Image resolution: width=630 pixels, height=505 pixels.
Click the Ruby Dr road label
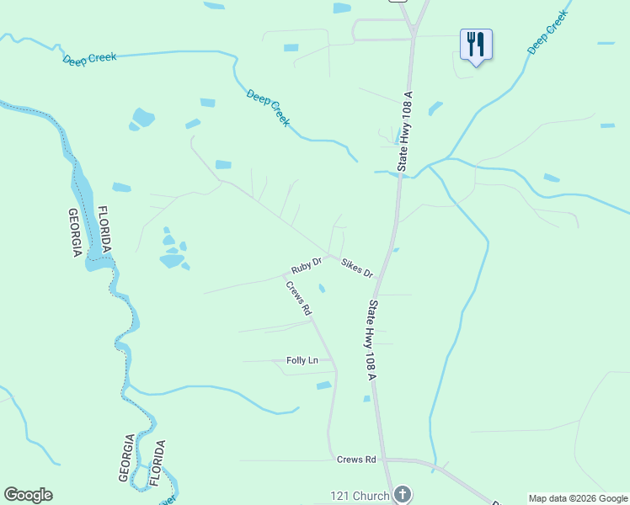coord(307,266)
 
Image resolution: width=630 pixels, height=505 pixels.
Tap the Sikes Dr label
coord(357,268)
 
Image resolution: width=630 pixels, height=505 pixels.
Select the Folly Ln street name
coord(302,360)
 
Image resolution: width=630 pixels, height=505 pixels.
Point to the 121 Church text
coord(358,494)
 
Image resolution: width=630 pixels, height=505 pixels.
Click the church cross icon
coord(403,494)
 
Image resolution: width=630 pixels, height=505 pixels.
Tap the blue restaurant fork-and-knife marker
coord(476,44)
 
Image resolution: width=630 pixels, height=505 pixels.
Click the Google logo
coord(28,495)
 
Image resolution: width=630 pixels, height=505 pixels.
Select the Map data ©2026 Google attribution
coord(578,498)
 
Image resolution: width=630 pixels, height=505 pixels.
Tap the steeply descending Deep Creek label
coord(269,108)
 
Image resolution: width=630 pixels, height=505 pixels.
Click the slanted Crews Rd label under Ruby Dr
coord(298,297)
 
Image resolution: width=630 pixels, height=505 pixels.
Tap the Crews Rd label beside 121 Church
coord(356,460)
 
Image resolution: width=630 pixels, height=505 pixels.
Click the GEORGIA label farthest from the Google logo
coord(75,232)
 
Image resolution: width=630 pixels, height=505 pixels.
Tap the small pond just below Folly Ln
coord(323,385)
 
